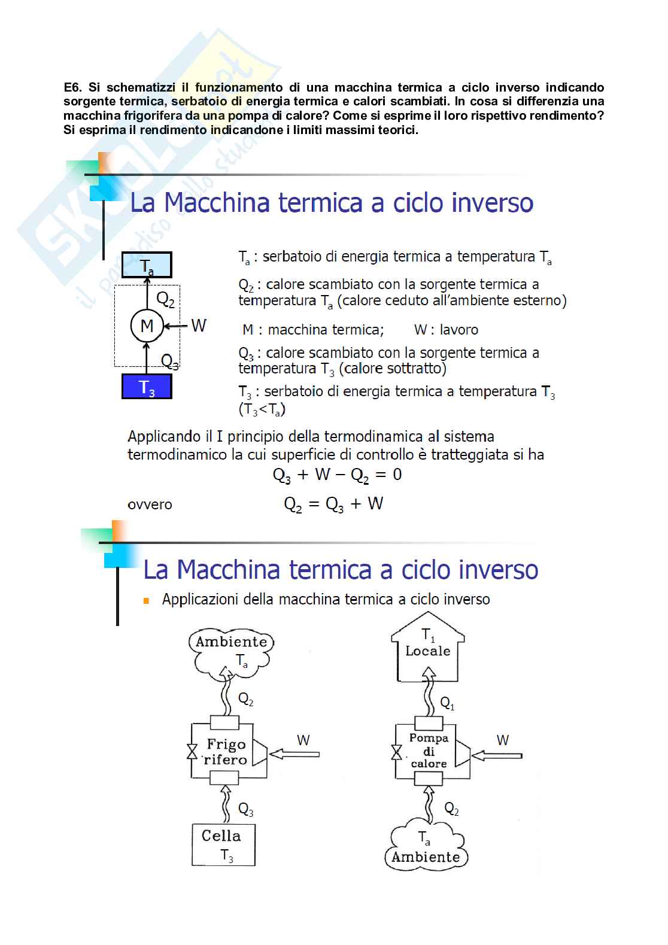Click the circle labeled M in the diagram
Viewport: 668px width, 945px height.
[147, 326]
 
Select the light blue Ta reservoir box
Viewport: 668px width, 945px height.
[147, 265]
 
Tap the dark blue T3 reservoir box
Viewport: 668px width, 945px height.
[147, 387]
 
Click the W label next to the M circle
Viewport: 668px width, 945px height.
[199, 326]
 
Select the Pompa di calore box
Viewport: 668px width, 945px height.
[429, 751]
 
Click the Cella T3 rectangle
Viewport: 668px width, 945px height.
[223, 844]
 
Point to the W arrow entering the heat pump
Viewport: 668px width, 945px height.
[497, 755]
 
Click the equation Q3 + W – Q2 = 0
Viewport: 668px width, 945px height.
[337, 475]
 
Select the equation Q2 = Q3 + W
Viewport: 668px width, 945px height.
[333, 504]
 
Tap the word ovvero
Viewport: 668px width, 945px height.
[150, 505]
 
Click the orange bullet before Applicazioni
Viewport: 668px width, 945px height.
[146, 600]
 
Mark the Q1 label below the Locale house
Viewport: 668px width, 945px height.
[447, 703]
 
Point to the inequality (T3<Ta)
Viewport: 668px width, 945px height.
[262, 410]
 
